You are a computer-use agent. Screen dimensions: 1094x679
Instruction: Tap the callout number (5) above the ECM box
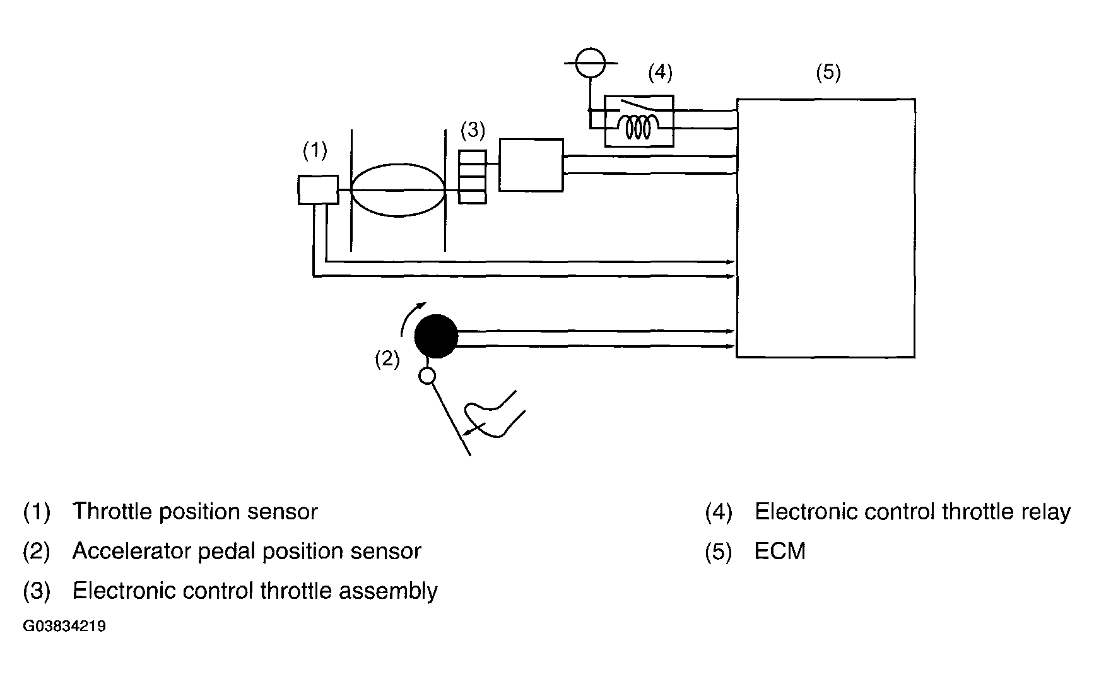tap(828, 73)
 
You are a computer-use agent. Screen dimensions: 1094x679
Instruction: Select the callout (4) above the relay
tap(660, 73)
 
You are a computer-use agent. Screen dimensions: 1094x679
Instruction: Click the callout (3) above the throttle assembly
tap(473, 131)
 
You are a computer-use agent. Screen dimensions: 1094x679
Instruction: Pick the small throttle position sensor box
tap(318, 190)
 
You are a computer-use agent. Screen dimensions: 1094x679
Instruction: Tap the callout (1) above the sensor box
tap(315, 150)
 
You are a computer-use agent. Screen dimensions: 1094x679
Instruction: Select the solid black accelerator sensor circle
tap(436, 336)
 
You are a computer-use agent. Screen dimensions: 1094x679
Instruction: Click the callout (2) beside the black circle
tap(387, 359)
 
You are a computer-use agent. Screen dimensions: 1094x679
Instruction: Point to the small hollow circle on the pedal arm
tap(427, 377)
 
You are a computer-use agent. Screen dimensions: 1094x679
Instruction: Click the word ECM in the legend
tap(780, 552)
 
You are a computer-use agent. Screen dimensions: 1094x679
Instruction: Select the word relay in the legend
tap(1047, 512)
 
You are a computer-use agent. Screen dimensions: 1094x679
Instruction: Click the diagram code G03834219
tap(64, 627)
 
